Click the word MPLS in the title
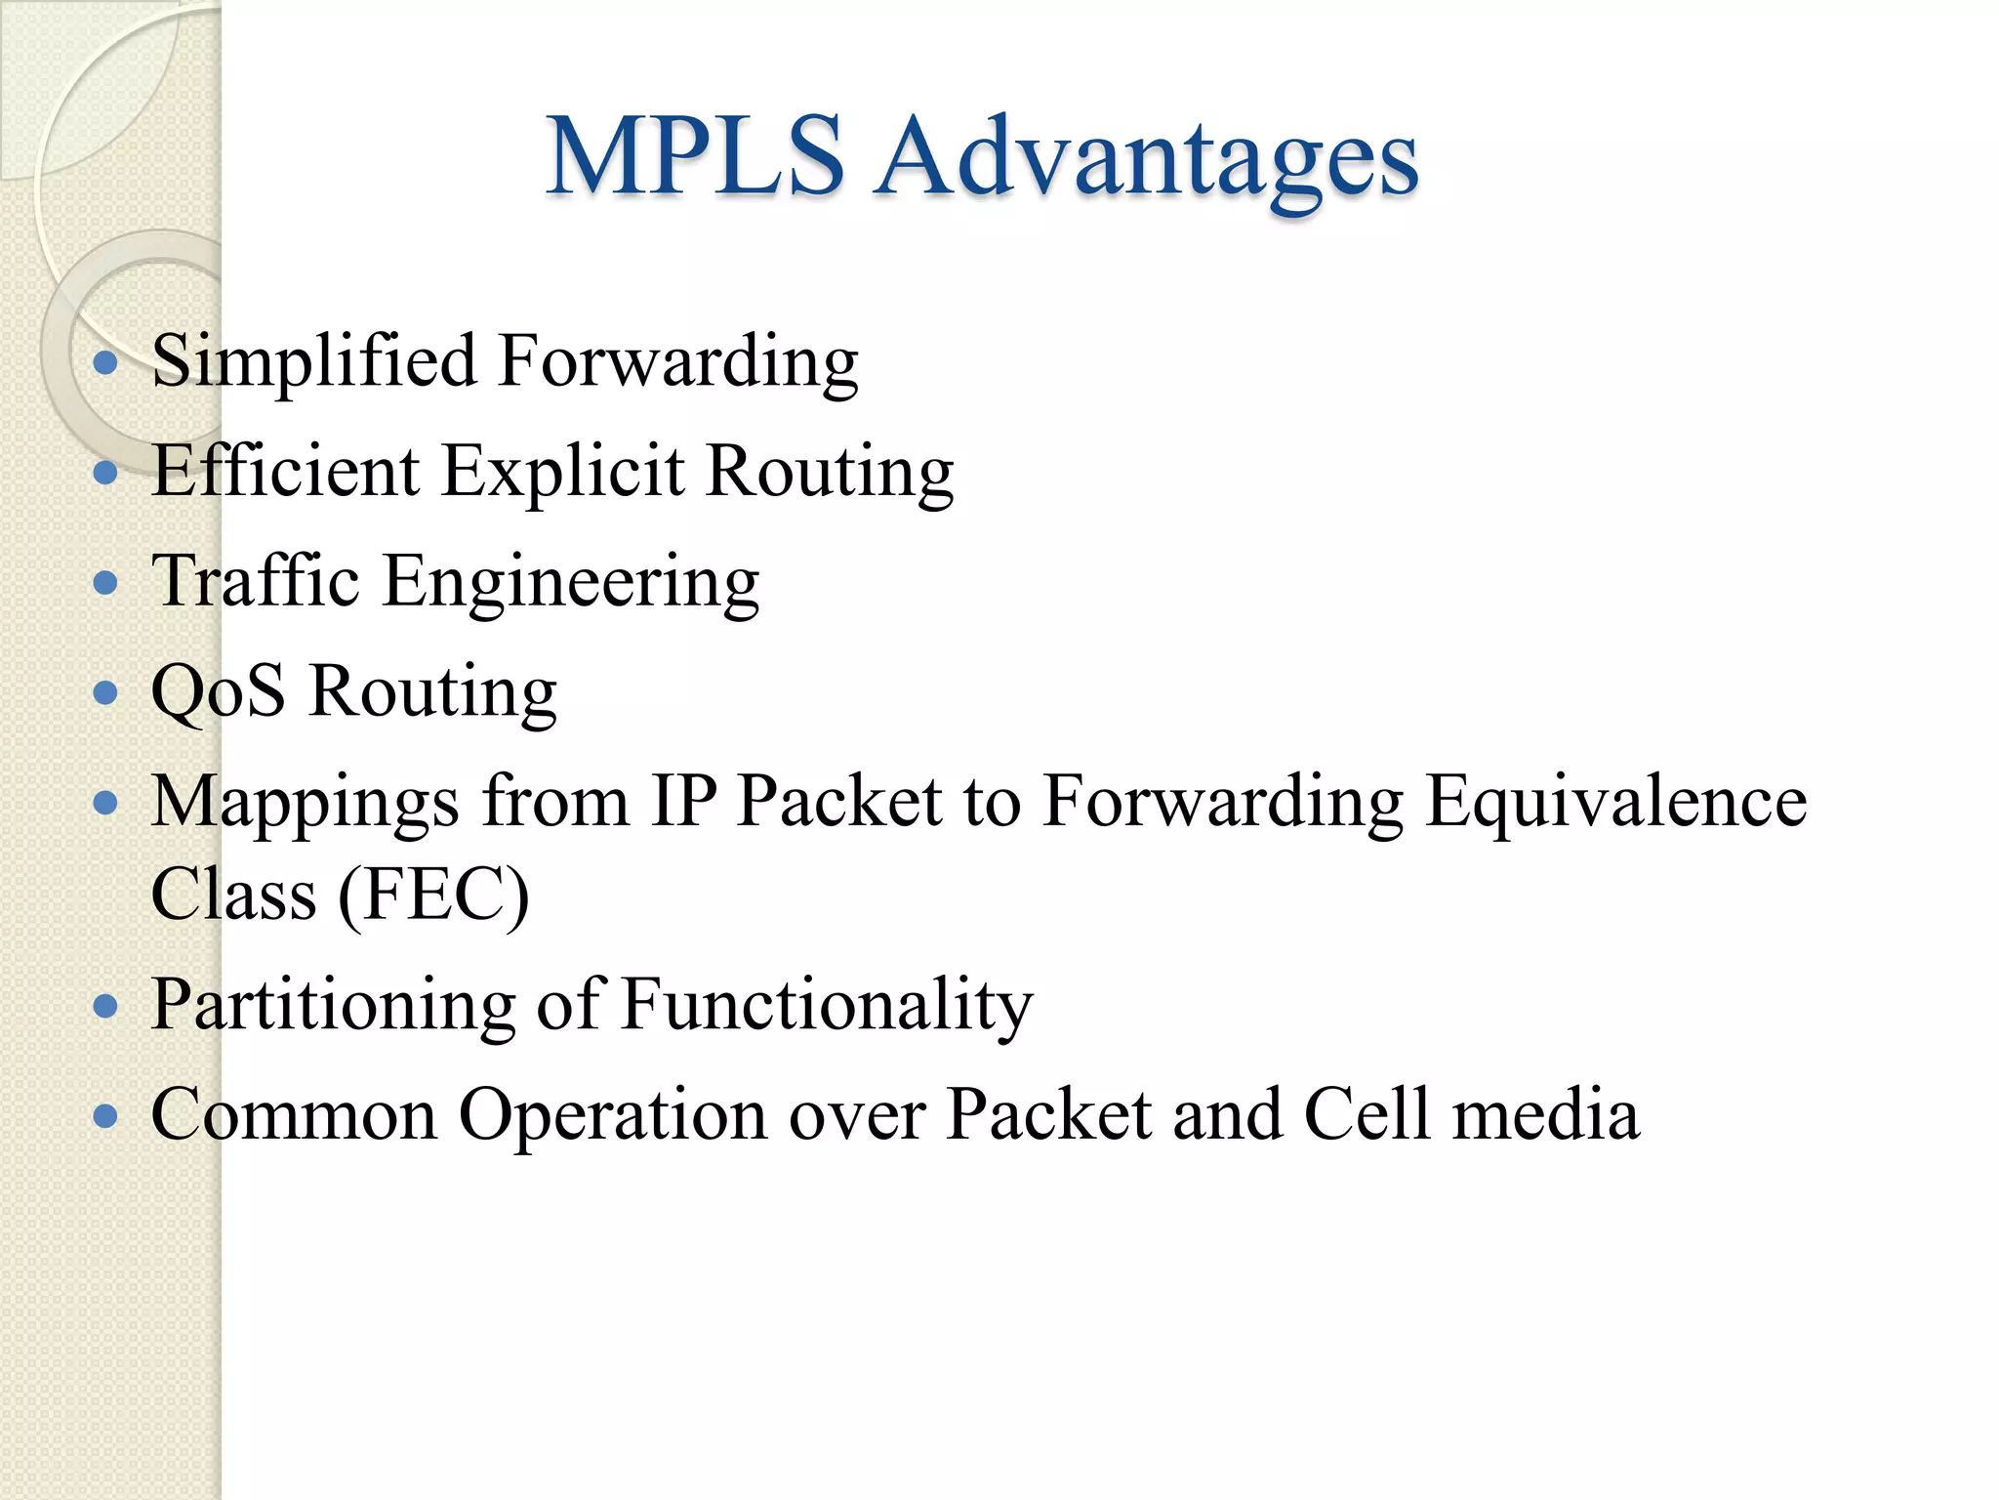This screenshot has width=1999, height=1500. pos(695,156)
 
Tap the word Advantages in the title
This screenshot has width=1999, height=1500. pos(1146,161)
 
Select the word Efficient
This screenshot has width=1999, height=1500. pos(285,471)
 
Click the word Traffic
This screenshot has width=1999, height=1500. pos(256,581)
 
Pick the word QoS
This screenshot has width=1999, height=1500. pos(219,692)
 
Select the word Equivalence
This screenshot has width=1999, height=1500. pos(1615,802)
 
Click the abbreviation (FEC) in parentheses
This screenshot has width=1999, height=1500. pos(433,895)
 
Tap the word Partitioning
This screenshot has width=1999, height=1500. pos(333,1006)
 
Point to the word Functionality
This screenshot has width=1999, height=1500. pos(827,1006)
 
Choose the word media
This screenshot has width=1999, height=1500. pos(1546,1114)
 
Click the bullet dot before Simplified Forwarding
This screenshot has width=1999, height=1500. pos(105,364)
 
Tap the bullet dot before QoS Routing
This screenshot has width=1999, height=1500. pos(105,693)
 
